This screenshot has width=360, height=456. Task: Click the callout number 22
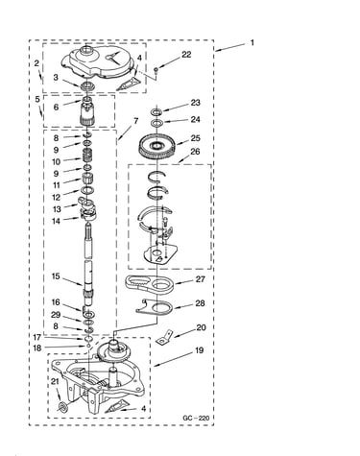click(186, 55)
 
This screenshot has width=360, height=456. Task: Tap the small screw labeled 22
click(156, 70)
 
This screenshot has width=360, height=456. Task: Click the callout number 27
click(201, 279)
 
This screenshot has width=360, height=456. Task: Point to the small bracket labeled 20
click(164, 338)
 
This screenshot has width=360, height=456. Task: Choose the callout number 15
click(56, 276)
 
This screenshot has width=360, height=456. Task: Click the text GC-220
click(196, 418)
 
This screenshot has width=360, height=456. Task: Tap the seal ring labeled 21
click(62, 407)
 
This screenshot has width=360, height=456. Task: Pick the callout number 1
click(252, 42)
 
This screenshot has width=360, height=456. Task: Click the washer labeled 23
click(156, 111)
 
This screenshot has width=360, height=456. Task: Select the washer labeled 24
click(156, 123)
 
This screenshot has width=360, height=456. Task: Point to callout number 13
click(57, 209)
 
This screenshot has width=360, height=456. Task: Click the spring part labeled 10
click(87, 156)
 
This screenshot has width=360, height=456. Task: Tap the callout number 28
click(200, 303)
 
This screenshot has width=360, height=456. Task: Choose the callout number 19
click(199, 350)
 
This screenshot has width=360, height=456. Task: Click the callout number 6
click(56, 107)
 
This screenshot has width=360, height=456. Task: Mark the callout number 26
click(195, 152)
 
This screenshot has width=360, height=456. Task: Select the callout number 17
click(37, 337)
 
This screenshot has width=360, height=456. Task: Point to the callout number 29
click(56, 315)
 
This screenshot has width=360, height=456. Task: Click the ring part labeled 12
click(87, 190)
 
